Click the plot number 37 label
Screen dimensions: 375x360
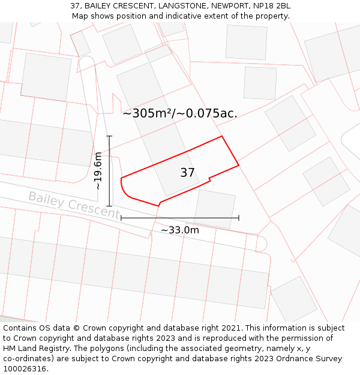click(187, 173)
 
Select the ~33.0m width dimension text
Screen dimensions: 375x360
click(179, 230)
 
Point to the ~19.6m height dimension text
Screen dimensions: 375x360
click(98, 171)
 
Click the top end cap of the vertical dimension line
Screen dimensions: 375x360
click(109, 136)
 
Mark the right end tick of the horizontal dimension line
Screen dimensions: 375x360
click(239, 218)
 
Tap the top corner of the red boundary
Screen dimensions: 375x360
click(222, 136)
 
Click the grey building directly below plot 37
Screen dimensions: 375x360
click(215, 208)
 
